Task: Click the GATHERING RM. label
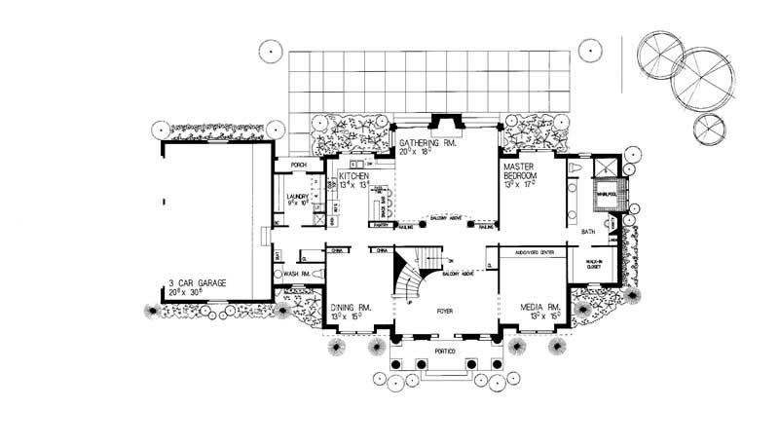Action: tap(428, 142)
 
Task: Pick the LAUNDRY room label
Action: tap(297, 196)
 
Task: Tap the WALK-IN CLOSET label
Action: tap(595, 265)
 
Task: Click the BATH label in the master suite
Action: tap(588, 232)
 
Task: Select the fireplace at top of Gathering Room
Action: tap(446, 122)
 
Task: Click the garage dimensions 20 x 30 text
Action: tap(189, 291)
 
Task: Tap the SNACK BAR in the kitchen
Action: tap(387, 209)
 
